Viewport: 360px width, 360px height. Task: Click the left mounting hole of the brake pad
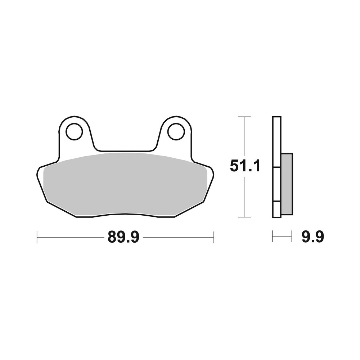(74, 131)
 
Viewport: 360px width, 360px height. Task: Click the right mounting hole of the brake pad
(176, 131)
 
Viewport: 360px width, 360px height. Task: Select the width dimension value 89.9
(123, 237)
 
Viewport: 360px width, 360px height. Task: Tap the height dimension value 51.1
(245, 167)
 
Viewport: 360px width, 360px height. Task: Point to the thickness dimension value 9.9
(312, 237)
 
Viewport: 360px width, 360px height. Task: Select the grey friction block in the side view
(287, 184)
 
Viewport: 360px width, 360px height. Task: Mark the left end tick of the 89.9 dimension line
(37, 237)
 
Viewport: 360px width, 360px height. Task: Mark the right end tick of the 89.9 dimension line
(214, 237)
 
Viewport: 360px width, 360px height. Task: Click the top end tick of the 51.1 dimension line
(244, 117)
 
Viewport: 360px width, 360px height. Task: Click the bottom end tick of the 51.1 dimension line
(244, 217)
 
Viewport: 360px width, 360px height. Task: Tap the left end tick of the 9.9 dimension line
(273, 237)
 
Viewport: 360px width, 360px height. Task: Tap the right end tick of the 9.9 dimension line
(291, 237)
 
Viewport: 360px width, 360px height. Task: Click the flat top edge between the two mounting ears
(125, 151)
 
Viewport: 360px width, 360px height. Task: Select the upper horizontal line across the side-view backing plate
(276, 167)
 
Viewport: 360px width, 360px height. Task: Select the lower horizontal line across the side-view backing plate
(276, 202)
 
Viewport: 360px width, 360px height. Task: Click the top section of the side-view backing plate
(276, 140)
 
